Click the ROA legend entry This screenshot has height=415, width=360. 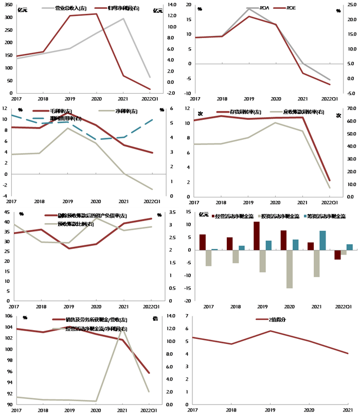click(265, 8)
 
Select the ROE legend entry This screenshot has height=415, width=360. click(291, 8)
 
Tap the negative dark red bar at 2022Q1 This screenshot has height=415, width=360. click(337, 255)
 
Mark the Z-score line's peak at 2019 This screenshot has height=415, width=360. click(270, 331)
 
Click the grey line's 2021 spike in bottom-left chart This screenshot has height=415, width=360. click(122, 328)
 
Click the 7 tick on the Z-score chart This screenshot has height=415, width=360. click(186, 316)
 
